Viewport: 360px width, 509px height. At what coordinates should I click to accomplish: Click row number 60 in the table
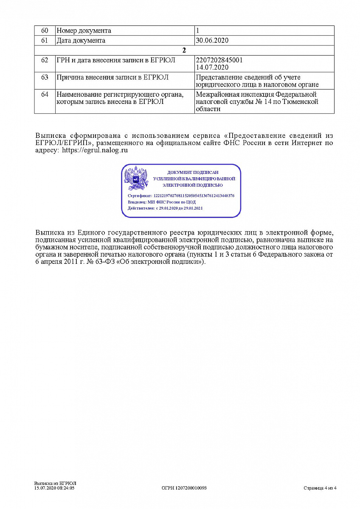click(45, 31)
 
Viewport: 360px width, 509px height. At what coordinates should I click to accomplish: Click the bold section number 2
click(184, 50)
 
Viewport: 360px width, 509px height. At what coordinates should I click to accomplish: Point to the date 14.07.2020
click(212, 67)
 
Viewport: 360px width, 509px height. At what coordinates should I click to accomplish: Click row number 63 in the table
click(45, 77)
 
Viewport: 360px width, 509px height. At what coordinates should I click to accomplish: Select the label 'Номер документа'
click(84, 31)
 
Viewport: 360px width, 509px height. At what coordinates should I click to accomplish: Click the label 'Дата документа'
click(81, 41)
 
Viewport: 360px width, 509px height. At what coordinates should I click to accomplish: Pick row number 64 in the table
click(45, 94)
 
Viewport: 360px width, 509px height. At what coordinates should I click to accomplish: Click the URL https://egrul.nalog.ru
click(95, 150)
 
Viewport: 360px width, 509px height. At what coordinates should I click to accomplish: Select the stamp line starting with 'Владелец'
click(162, 202)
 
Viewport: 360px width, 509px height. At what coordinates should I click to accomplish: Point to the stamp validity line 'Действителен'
click(165, 208)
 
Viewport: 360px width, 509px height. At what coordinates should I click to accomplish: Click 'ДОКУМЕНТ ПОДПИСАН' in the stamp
click(193, 173)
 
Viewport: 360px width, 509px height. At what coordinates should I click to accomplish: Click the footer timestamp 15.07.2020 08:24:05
click(54, 488)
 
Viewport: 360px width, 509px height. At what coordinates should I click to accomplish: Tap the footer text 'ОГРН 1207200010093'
click(184, 488)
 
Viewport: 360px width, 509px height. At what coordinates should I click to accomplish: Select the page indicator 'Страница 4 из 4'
click(320, 488)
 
